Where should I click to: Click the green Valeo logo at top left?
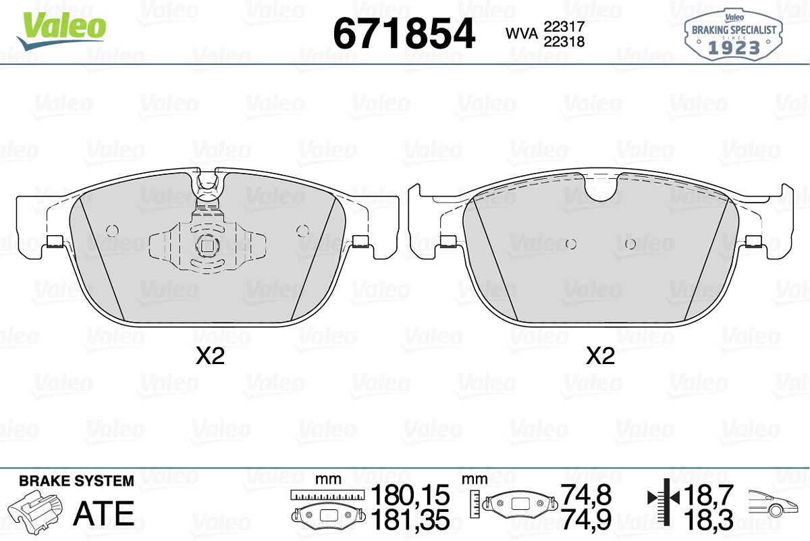[61, 31]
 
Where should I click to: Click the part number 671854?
[404, 33]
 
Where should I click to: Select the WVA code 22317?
[564, 26]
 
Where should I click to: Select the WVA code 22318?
[564, 42]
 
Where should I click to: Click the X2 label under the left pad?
[210, 356]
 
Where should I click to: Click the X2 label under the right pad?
[600, 356]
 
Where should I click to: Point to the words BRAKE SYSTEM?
[76, 481]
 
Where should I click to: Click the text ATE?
[104, 513]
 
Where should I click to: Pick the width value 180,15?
[410, 495]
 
